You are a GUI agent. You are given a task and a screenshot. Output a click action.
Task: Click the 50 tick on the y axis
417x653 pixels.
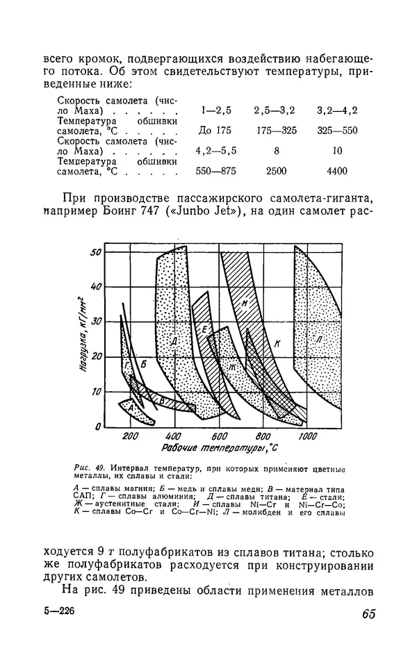click(x=97, y=252)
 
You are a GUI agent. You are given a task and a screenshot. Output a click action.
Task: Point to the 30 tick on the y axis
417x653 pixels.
click(x=97, y=322)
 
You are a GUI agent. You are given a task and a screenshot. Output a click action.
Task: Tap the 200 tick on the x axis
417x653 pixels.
click(x=130, y=436)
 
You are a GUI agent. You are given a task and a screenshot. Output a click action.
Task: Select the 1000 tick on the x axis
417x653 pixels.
click(x=306, y=436)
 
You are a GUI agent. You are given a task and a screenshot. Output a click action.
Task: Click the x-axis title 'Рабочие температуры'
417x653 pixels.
click(x=215, y=449)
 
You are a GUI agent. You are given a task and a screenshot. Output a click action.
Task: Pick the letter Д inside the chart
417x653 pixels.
click(x=174, y=340)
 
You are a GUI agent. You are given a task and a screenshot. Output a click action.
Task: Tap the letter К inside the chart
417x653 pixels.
click(x=276, y=343)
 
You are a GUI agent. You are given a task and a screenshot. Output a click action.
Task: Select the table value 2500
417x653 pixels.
click(x=274, y=171)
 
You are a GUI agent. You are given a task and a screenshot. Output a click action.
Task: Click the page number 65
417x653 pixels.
click(x=368, y=613)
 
